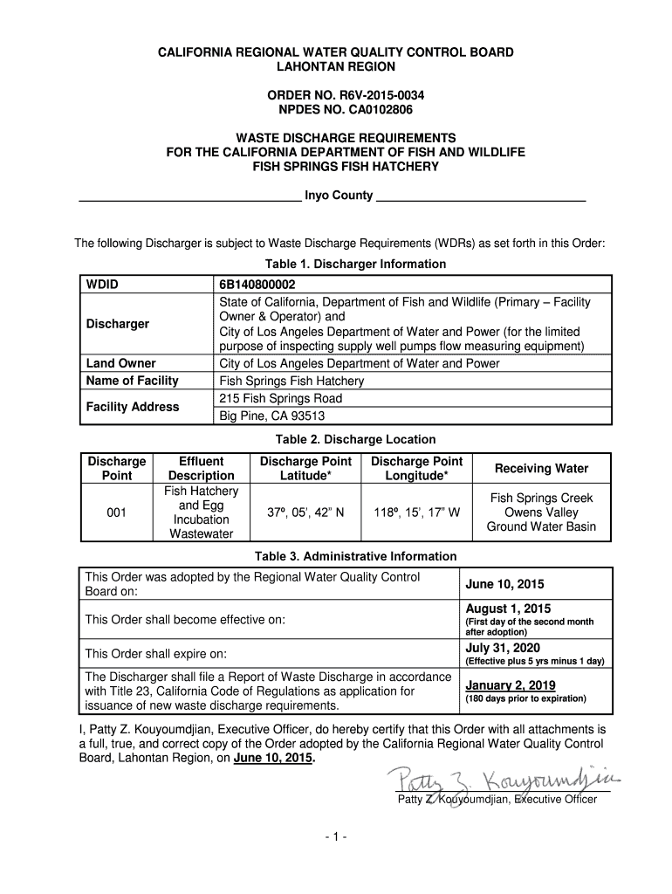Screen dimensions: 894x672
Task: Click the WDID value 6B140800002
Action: tap(257, 285)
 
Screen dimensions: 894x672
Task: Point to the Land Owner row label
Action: tap(120, 363)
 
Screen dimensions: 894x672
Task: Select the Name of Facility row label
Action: tap(132, 381)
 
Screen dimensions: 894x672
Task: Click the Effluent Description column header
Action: tap(201, 468)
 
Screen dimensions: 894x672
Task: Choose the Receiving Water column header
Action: tap(541, 469)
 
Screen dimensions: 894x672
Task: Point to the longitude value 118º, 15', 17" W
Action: tap(416, 513)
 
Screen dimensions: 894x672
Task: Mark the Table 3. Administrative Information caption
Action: tap(355, 556)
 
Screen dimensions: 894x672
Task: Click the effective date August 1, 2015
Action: tap(508, 609)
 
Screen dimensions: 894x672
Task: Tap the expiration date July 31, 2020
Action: tap(503, 648)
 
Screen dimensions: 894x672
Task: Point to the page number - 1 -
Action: tap(336, 837)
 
